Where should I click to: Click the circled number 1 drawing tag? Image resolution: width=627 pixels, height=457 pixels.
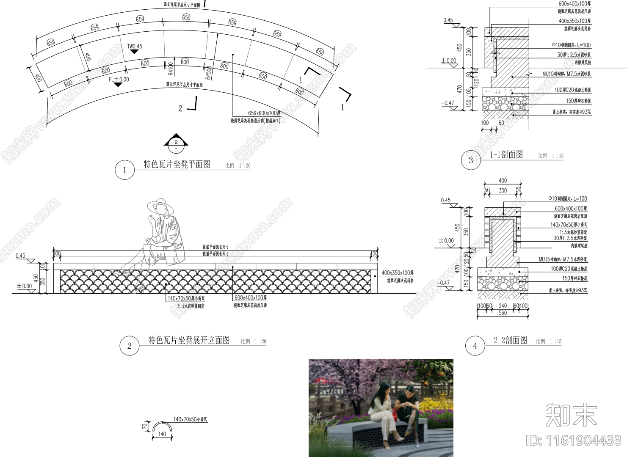(124, 170)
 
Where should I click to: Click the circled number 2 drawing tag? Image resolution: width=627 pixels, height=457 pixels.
(130, 346)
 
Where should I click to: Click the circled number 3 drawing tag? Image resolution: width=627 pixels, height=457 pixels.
(471, 160)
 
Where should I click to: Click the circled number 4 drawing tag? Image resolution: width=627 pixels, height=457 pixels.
(475, 346)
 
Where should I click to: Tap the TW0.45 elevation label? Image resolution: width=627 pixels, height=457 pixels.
(135, 47)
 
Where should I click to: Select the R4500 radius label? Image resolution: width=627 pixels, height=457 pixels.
(208, 72)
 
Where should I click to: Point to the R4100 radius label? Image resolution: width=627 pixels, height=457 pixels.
(171, 69)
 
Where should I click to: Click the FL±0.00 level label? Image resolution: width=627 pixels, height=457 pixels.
(119, 79)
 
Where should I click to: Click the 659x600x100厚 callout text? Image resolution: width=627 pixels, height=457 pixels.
(264, 113)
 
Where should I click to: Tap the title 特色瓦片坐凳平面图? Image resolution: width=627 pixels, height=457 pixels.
(177, 164)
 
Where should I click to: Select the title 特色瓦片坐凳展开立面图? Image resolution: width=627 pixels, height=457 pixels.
(189, 340)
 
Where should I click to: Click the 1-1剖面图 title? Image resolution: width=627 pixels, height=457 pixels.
(506, 154)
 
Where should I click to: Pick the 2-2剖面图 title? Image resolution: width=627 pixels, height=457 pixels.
(511, 340)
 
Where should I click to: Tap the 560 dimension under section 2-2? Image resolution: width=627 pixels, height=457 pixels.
(503, 313)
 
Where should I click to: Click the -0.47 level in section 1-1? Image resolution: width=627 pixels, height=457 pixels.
(447, 103)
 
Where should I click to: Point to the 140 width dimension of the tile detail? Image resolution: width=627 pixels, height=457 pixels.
(162, 434)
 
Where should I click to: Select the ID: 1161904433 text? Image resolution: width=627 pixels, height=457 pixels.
(573, 440)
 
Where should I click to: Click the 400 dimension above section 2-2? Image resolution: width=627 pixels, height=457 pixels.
(503, 181)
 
